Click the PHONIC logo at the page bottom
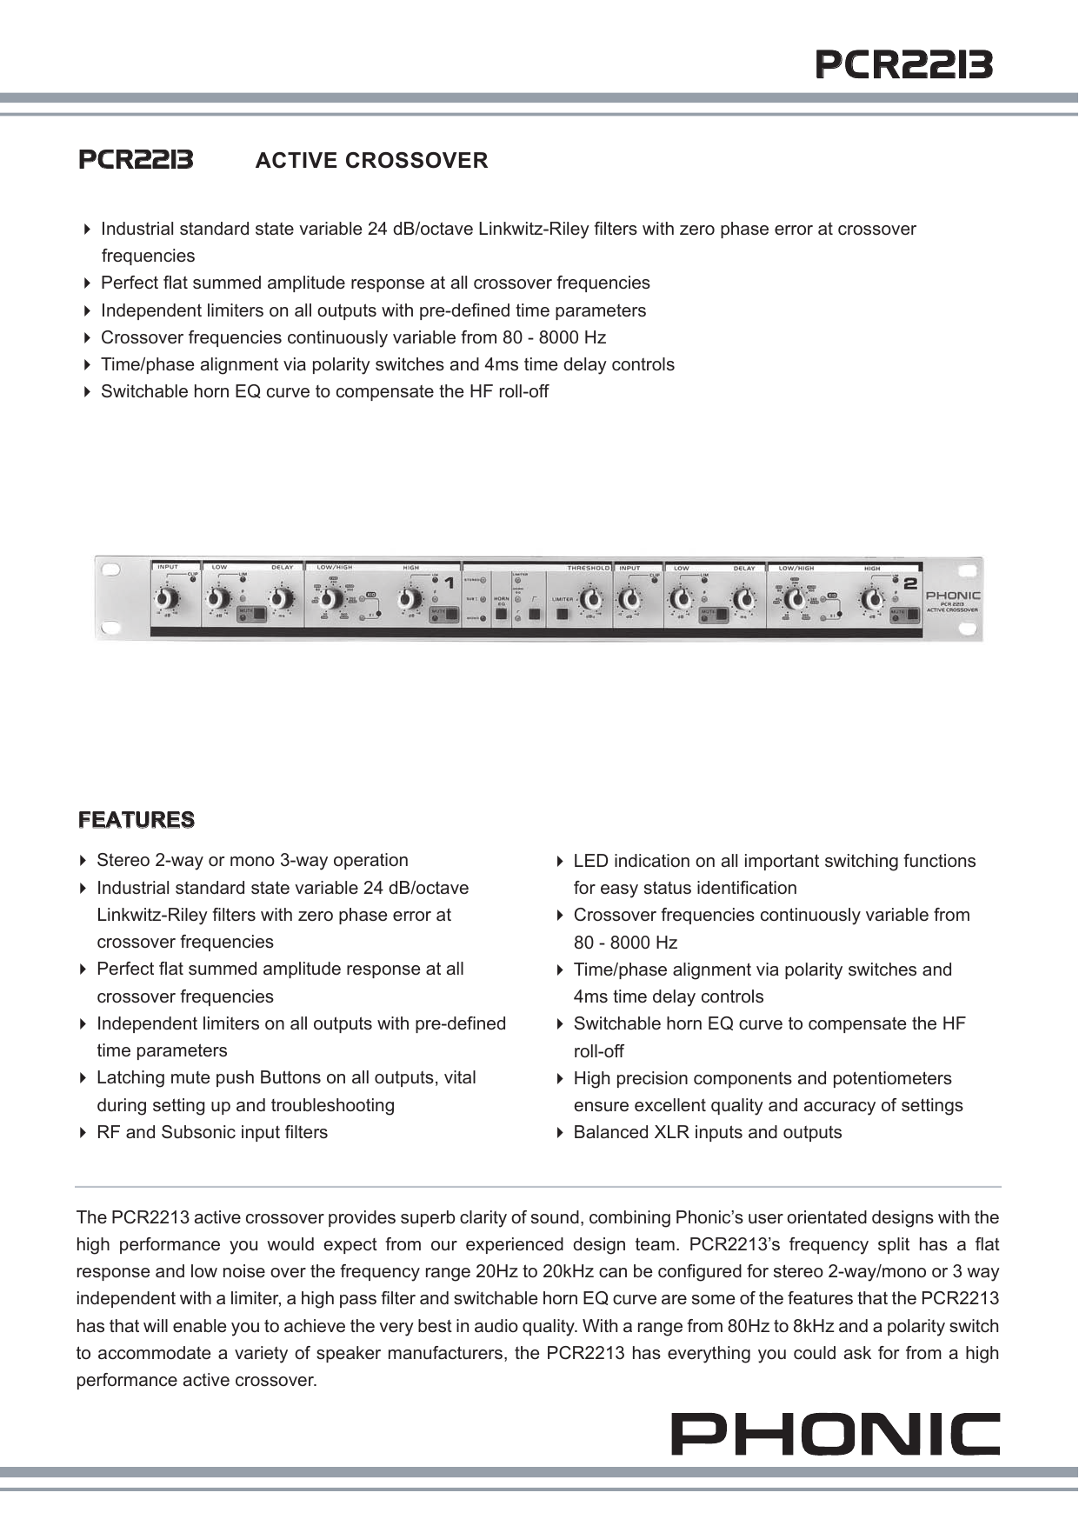click(835, 1434)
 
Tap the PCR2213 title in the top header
click(903, 64)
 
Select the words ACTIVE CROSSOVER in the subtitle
click(371, 161)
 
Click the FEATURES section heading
click(137, 820)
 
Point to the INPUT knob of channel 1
click(167, 599)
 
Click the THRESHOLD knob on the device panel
click(591, 599)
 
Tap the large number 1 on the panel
click(449, 583)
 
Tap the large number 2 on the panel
click(910, 583)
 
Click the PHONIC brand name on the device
click(952, 596)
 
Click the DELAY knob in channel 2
click(743, 599)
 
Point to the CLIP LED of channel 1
click(193, 579)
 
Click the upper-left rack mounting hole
click(110, 570)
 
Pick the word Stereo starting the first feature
click(123, 860)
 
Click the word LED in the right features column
click(589, 861)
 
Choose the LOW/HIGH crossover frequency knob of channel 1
click(330, 599)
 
